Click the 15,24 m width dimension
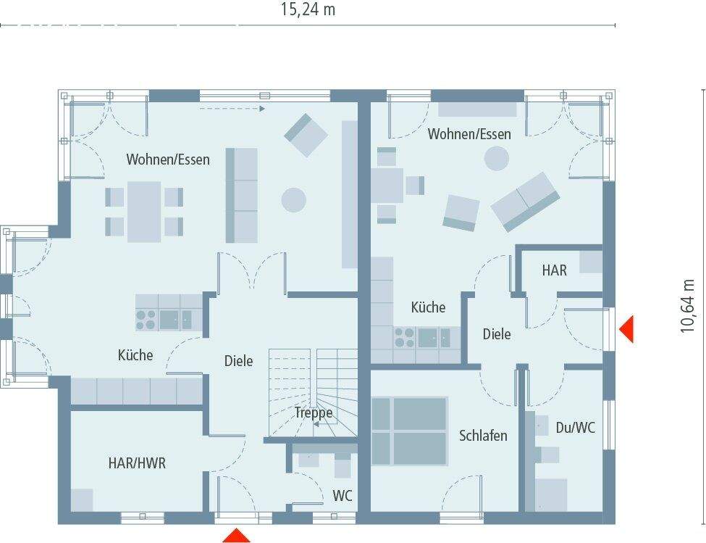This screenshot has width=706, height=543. click(x=308, y=9)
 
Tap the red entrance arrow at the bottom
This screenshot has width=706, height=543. click(x=236, y=536)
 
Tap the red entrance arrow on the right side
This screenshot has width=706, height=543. click(x=626, y=328)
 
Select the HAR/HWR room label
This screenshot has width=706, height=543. click(x=137, y=463)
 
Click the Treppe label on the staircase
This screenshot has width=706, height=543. click(x=314, y=413)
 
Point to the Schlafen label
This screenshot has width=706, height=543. click(x=483, y=436)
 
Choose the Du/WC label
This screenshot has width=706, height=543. click(x=576, y=428)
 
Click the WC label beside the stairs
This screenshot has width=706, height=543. click(x=343, y=496)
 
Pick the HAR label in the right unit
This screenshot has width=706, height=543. click(x=555, y=270)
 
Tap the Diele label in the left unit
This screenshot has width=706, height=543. click(x=238, y=360)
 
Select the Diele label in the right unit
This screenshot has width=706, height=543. click(x=497, y=334)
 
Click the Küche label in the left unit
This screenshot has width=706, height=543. click(x=135, y=355)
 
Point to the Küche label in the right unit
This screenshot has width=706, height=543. click(x=428, y=307)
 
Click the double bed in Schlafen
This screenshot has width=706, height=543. click(x=410, y=431)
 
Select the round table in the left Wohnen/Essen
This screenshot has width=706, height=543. click(x=293, y=199)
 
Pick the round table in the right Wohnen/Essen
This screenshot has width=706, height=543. click(x=497, y=158)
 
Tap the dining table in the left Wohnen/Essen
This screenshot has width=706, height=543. click(x=144, y=211)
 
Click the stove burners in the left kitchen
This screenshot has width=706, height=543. click(x=146, y=320)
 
